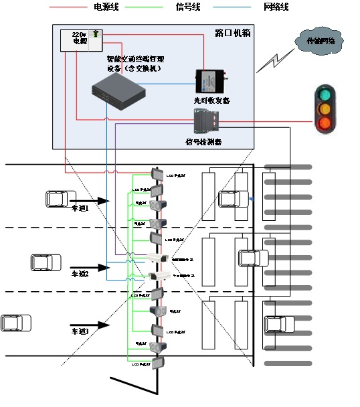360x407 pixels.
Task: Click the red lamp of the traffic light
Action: click(325, 123)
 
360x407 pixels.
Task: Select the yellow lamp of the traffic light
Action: click(325, 108)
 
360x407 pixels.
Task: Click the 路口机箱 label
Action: click(230, 32)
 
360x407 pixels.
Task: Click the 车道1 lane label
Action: click(80, 208)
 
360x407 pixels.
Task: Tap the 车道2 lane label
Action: click(80, 274)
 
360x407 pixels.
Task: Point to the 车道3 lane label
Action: click(80, 331)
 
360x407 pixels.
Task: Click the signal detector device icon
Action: click(207, 122)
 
